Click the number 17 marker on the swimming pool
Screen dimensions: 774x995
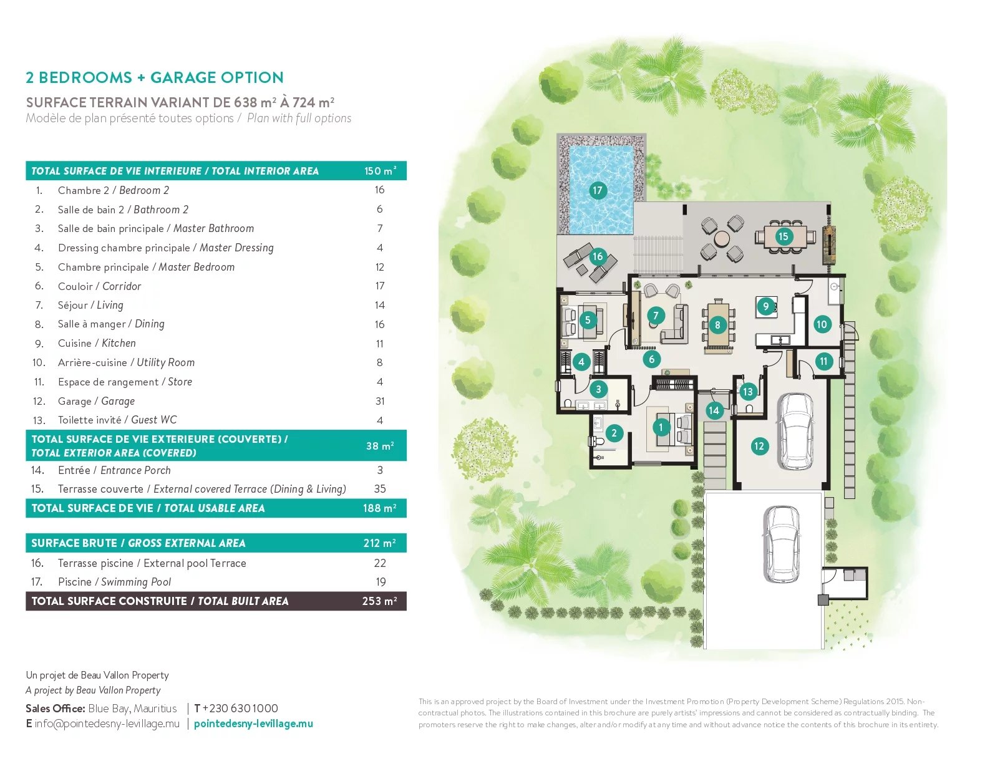click(598, 190)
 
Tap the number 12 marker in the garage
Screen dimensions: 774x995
click(759, 446)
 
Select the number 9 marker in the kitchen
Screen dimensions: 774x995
click(765, 306)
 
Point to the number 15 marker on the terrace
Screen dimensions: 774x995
click(783, 236)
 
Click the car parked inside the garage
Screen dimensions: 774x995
click(795, 431)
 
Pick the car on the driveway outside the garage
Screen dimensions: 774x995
click(782, 543)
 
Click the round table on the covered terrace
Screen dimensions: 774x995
click(722, 238)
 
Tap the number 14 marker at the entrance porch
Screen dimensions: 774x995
click(714, 410)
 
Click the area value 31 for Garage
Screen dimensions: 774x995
click(380, 401)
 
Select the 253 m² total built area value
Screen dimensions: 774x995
click(379, 601)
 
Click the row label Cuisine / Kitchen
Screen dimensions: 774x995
click(97, 344)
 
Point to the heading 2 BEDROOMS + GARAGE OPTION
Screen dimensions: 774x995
click(155, 77)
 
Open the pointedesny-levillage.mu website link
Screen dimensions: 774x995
click(253, 723)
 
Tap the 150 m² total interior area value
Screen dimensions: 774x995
click(380, 171)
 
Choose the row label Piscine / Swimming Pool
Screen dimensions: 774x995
click(114, 582)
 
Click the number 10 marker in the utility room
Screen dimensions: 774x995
click(822, 324)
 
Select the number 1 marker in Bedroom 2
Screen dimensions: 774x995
click(661, 427)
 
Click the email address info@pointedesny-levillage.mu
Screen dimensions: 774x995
click(107, 723)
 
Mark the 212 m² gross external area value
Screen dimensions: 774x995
click(379, 543)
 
